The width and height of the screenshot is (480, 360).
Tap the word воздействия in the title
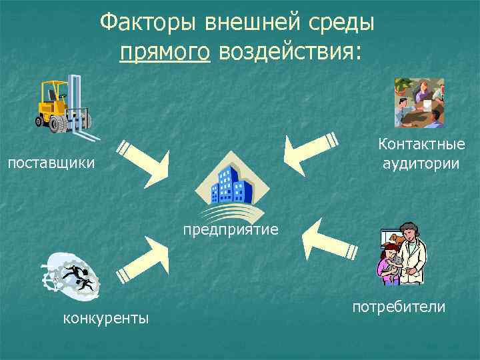tap(289, 51)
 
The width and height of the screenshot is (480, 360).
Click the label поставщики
tap(51, 163)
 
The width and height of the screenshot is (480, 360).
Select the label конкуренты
tap(105, 318)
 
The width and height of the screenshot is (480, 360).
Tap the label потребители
tap(399, 307)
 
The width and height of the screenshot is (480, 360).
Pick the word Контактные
tap(421, 145)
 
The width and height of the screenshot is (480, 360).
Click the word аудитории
tap(421, 163)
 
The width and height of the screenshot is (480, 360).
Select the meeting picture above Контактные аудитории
tap(419, 102)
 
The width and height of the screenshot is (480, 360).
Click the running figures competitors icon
tap(71, 275)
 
